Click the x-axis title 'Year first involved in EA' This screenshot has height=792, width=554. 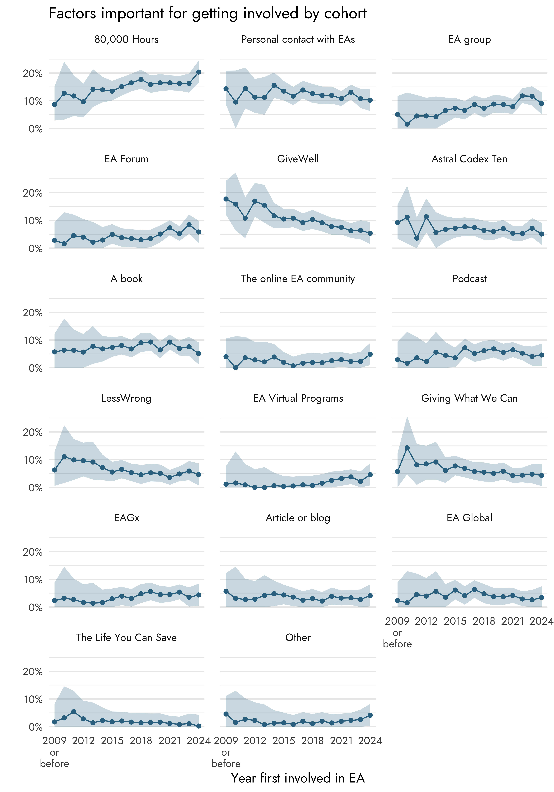(x=298, y=778)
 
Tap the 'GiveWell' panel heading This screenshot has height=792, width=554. (x=298, y=159)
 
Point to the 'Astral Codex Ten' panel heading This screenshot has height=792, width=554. (x=469, y=159)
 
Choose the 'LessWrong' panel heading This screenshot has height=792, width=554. (x=126, y=398)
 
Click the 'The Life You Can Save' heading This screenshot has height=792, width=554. (x=126, y=637)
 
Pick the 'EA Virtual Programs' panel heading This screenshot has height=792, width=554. (x=298, y=398)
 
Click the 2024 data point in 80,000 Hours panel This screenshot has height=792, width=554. (x=199, y=72)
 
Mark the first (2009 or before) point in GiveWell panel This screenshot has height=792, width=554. (x=226, y=199)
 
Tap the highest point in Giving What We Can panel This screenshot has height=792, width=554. (x=407, y=448)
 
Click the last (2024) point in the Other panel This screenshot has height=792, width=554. (x=370, y=715)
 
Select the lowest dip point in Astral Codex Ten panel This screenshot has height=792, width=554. (x=417, y=238)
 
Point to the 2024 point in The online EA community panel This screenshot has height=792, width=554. (x=370, y=354)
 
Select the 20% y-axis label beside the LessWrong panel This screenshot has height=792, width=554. (x=33, y=432)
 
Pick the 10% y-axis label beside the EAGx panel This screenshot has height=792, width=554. (x=33, y=580)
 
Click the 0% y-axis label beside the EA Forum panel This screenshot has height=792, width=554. (x=35, y=249)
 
